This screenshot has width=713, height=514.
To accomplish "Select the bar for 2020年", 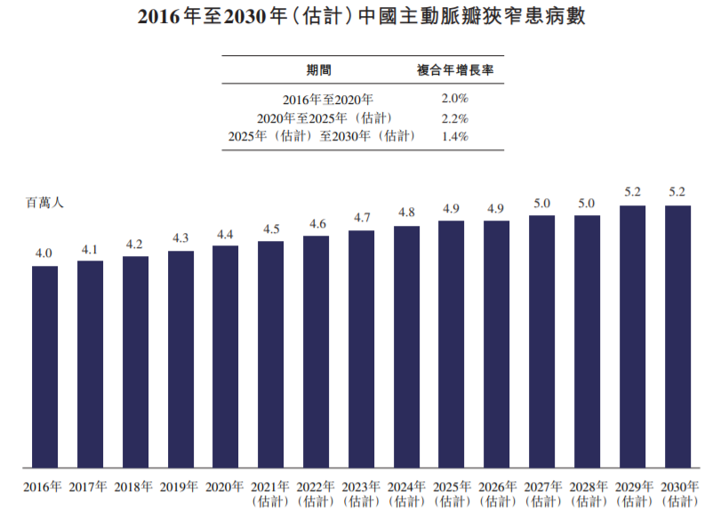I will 225,356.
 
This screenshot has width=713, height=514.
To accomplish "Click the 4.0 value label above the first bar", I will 44,254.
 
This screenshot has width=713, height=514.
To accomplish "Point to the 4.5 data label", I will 270,229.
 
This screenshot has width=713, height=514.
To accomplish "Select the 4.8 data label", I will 406,213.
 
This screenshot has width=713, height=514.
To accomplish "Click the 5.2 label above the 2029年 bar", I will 632,192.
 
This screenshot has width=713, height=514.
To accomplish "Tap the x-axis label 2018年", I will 134,486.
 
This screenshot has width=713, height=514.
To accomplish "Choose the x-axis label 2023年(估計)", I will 361,494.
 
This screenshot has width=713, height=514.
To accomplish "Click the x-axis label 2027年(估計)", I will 541,494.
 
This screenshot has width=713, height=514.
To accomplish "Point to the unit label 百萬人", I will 44,203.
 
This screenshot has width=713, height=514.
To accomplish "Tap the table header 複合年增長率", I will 455,70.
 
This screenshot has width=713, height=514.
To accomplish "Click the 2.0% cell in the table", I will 454,98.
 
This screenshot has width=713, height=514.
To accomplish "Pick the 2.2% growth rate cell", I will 454,117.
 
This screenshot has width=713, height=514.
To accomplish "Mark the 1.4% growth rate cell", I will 454,136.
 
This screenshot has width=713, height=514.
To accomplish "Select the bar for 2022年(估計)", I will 316,351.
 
